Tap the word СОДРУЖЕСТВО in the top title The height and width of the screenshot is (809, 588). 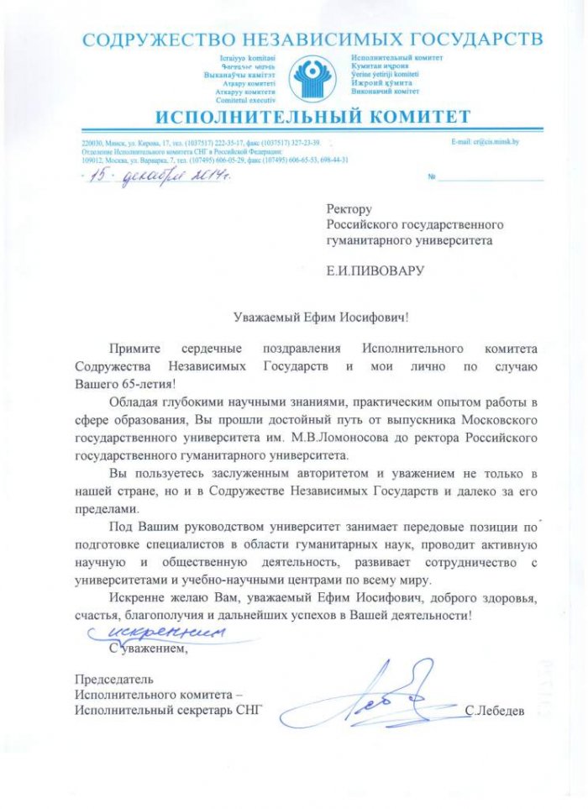pos(149,39)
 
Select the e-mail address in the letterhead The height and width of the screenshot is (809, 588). pos(485,142)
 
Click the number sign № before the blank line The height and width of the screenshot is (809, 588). pos(432,179)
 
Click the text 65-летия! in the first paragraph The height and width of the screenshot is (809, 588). pos(145,384)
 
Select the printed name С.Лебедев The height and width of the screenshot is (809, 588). pos(494,712)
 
